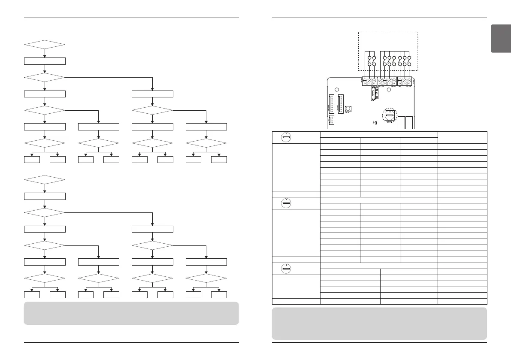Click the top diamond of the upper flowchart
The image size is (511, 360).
tap(45, 44)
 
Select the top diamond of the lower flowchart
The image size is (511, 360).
tap(45, 180)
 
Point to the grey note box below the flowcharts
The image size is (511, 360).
tap(131, 313)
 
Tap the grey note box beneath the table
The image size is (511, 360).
tap(380, 323)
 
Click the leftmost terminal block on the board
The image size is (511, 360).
tap(369, 81)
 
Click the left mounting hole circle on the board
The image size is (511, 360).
tap(337, 90)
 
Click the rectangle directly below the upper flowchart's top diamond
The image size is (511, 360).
tap(45, 61)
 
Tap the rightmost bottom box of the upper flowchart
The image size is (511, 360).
tap(219, 160)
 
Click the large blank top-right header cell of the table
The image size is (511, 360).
tap(463, 137)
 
